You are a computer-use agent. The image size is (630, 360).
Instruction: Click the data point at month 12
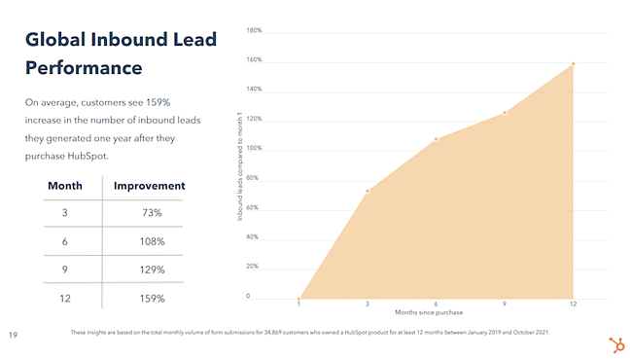(x=573, y=64)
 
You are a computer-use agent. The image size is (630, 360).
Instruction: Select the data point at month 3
(x=367, y=191)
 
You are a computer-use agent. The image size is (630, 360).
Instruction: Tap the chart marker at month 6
(x=436, y=139)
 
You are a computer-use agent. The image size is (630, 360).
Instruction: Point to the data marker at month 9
(x=505, y=113)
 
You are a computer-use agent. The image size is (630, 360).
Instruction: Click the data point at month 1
(x=298, y=298)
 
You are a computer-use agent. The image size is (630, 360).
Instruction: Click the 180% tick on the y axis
(x=254, y=31)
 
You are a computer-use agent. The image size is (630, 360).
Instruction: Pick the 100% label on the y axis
(x=254, y=149)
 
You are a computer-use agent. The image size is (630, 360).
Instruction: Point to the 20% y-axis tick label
(x=253, y=267)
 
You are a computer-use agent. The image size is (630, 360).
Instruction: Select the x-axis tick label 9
(x=505, y=305)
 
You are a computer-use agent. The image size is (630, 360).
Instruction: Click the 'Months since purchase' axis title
(x=435, y=312)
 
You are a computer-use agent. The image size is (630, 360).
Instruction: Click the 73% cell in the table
(x=151, y=212)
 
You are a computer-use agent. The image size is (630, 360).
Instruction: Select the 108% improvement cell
(x=151, y=241)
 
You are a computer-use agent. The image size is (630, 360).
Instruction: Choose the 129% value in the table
(x=151, y=270)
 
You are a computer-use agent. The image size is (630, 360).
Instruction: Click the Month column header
(x=64, y=185)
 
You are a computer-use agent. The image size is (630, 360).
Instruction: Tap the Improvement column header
(x=150, y=185)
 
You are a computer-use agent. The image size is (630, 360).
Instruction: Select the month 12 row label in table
(x=64, y=299)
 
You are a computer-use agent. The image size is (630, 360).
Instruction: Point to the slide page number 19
(x=13, y=336)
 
